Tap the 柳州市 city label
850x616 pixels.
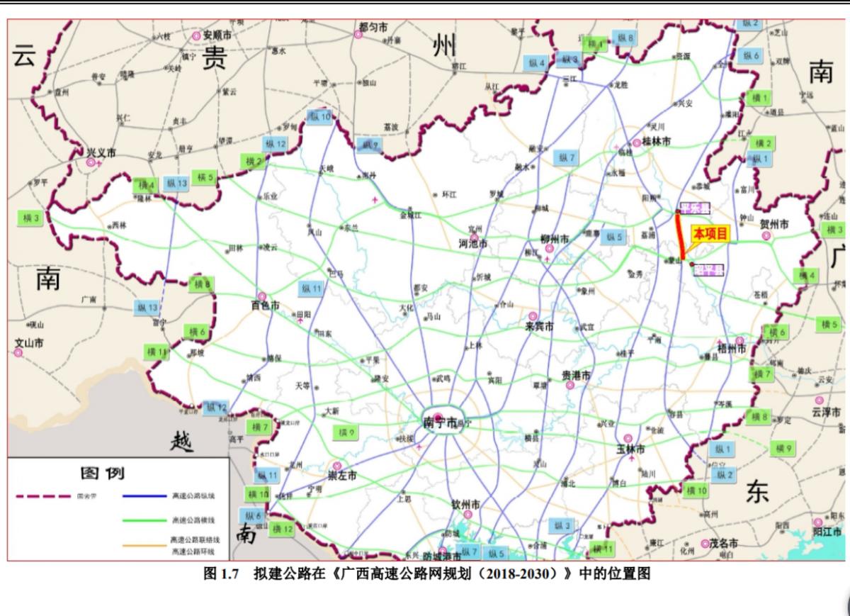click(555, 240)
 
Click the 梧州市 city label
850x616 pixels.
click(732, 349)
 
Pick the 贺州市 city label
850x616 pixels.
click(774, 224)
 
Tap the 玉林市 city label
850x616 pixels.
click(630, 449)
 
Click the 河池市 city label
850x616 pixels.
click(473, 243)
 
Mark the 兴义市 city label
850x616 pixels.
click(101, 152)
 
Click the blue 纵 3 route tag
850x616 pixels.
click(562, 525)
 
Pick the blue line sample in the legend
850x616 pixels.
click(144, 496)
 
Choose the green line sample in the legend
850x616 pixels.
click(144, 520)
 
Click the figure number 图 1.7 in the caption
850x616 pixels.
click(222, 573)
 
